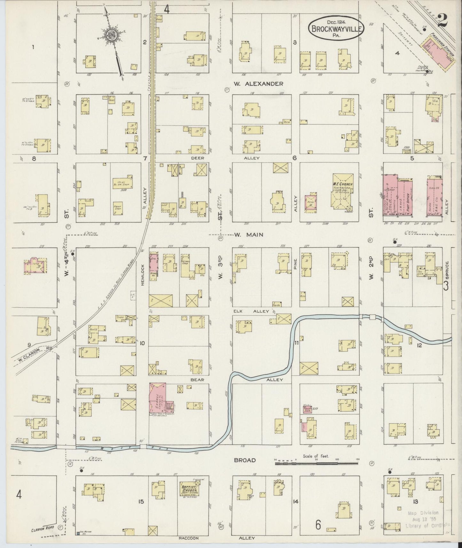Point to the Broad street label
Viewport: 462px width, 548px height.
coord(245,460)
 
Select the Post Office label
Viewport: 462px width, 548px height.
coord(408,197)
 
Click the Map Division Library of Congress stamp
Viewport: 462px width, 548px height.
coord(427,519)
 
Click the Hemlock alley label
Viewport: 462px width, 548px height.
coord(143,275)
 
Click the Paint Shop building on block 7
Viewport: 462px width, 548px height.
coord(118,208)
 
